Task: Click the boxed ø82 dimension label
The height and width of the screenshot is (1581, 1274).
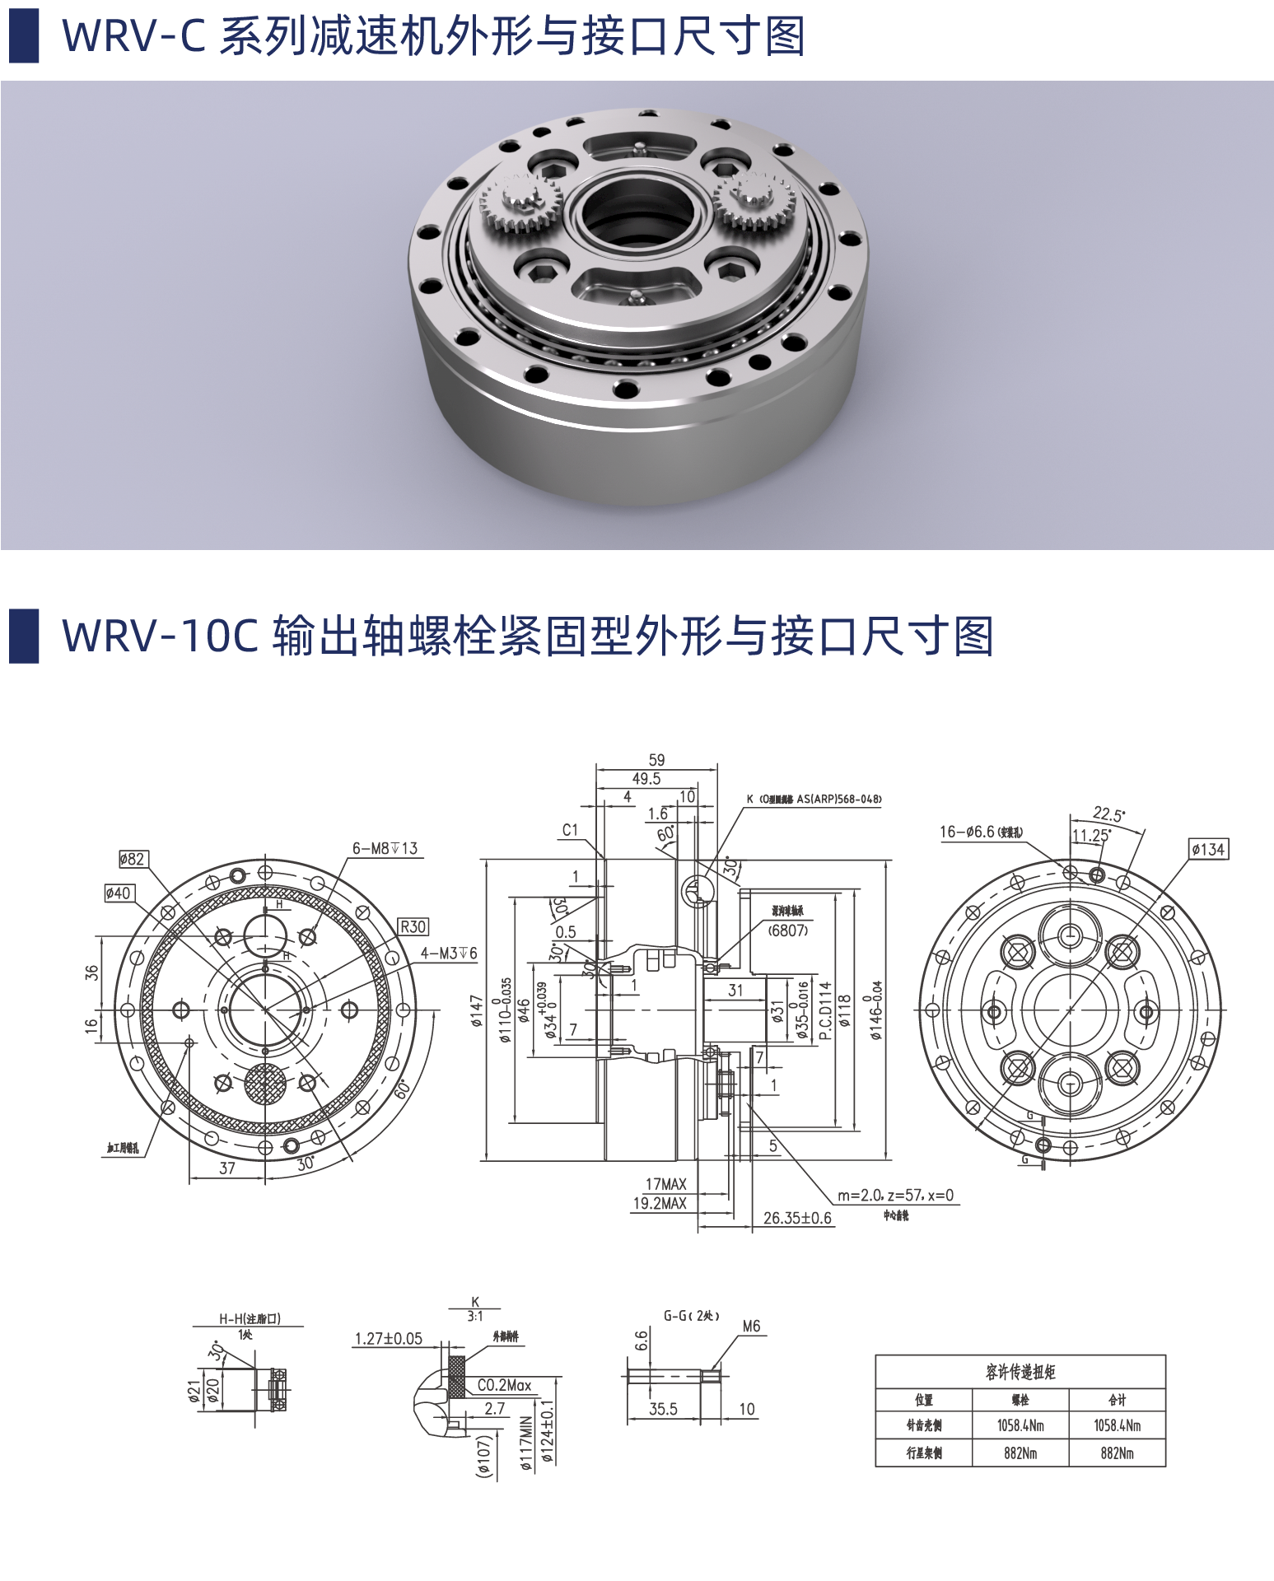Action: [132, 859]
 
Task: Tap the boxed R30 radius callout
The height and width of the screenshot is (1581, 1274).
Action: [413, 926]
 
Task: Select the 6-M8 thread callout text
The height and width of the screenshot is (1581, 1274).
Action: [385, 848]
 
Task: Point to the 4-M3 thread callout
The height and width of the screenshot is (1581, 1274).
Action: [449, 953]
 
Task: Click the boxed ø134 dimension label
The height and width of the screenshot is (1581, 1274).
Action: [1208, 849]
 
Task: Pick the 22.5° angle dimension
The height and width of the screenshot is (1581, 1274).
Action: [1108, 814]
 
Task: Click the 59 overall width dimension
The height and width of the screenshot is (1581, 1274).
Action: [656, 759]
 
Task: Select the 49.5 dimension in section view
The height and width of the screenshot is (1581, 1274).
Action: [646, 778]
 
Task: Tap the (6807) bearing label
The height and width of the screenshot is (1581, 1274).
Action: [787, 930]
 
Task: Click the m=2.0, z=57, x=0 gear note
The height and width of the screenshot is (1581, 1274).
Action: [895, 1195]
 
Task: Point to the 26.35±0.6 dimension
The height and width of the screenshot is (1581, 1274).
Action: [797, 1218]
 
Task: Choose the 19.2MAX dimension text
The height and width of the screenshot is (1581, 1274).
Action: [659, 1203]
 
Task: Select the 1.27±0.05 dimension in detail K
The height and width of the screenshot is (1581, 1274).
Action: [388, 1339]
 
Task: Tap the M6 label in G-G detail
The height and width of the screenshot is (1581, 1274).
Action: [751, 1327]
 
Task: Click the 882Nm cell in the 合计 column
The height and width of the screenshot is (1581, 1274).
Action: [1117, 1453]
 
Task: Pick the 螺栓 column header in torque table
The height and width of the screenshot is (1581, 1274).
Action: [1020, 1400]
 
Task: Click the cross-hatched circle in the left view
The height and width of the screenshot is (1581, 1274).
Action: [265, 1084]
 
